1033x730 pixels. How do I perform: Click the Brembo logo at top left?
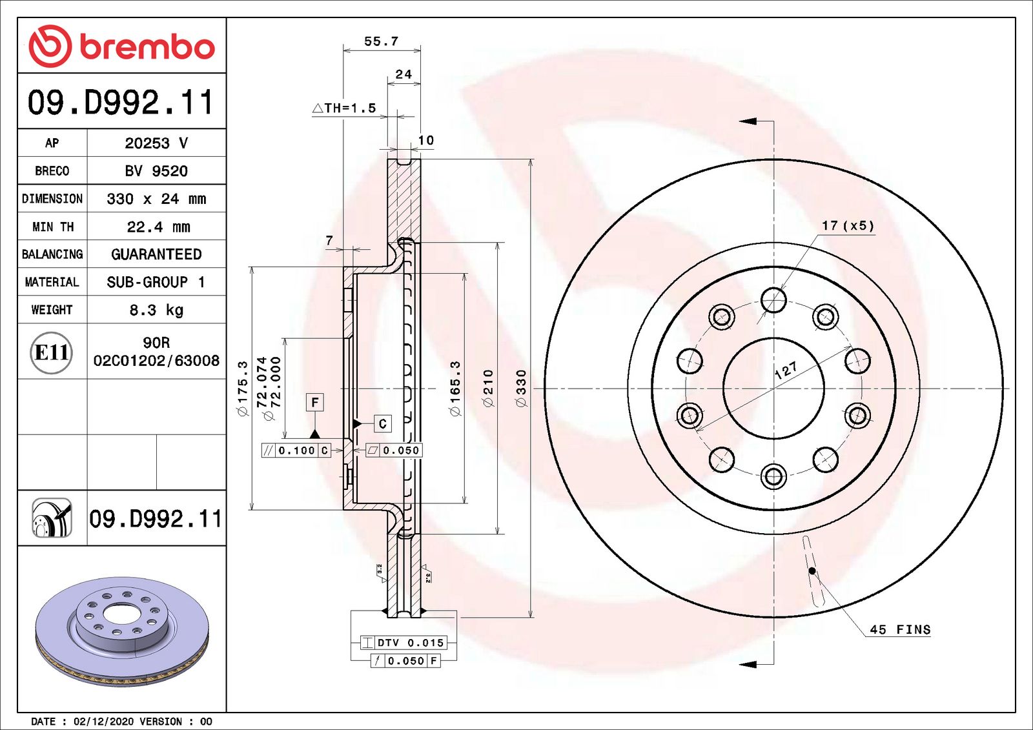point(121,46)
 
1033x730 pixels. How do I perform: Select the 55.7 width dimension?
point(381,41)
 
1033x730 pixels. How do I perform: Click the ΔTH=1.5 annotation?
point(344,108)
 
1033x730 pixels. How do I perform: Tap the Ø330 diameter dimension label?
point(522,388)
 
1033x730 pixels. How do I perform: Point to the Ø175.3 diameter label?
point(243,388)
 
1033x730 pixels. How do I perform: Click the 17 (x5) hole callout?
point(848,225)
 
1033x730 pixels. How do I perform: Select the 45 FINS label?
point(900,629)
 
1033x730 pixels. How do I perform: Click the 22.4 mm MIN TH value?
point(158,227)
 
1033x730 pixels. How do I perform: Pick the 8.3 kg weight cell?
point(156,310)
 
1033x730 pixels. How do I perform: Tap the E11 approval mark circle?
point(52,352)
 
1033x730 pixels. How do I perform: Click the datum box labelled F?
point(314,403)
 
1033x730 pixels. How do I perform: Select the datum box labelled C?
point(383,423)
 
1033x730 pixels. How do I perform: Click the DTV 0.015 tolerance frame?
point(404,643)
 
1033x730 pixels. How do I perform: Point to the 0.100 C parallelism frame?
point(296,451)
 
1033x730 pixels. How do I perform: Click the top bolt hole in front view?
point(773,300)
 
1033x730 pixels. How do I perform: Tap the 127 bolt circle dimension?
point(786,370)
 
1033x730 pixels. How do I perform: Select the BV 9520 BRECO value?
point(156,171)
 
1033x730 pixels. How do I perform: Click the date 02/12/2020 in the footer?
point(103,722)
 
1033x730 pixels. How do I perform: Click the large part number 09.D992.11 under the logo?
point(121,102)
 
